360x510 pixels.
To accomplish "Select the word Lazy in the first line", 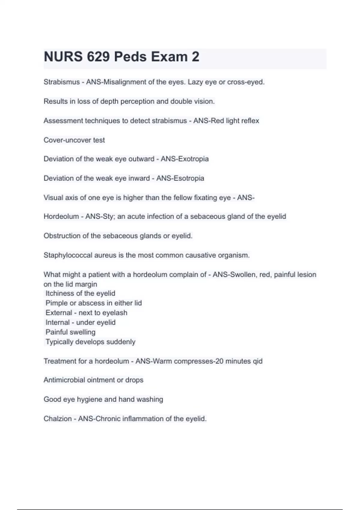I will [x=195, y=82].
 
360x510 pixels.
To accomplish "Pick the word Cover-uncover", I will [x=67, y=140].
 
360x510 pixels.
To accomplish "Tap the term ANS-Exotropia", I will [x=184, y=159].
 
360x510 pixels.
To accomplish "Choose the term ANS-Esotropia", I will [x=180, y=178].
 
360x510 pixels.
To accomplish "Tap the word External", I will [x=59, y=313].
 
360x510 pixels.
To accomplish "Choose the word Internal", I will [x=58, y=322].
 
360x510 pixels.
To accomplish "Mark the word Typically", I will [x=59, y=342].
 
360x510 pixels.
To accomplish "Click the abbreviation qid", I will [x=258, y=361].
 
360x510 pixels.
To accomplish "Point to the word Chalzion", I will [x=58, y=419].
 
